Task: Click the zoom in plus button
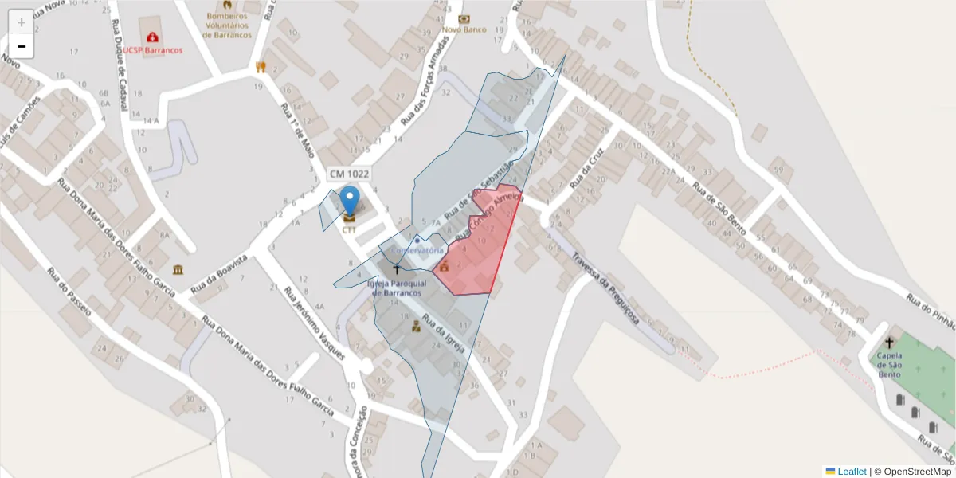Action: point(22,22)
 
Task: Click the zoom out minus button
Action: point(22,46)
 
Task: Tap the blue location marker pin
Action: point(349,201)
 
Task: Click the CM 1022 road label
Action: point(349,174)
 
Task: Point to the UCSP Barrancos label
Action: point(152,49)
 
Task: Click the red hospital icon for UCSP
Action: point(152,37)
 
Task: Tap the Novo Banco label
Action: point(464,29)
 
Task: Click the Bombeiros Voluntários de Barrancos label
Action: point(228,25)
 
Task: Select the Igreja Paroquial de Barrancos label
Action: point(397,288)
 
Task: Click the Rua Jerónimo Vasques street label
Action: point(315,319)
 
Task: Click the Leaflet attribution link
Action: point(852,472)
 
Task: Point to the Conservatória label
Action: point(417,250)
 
